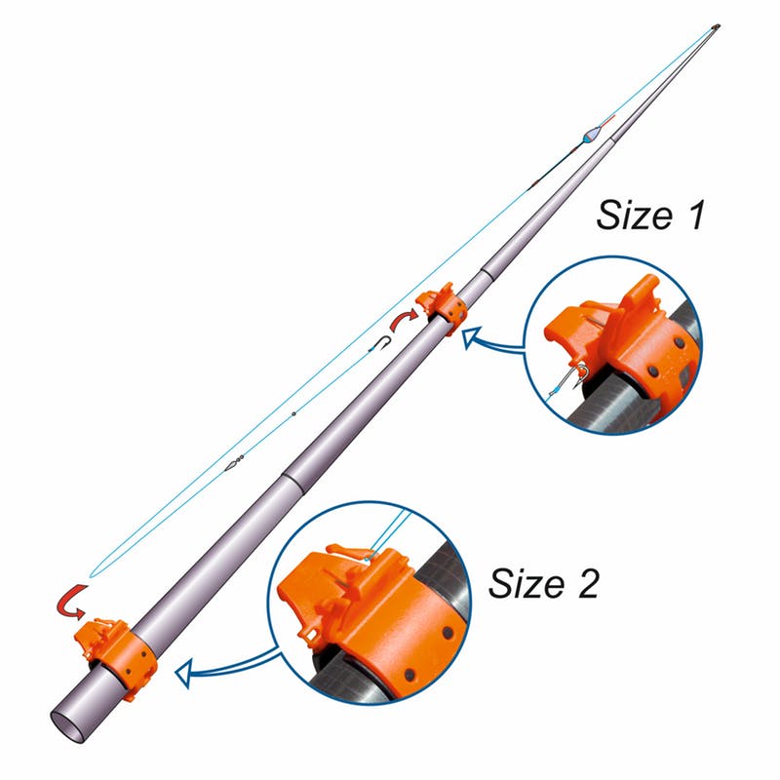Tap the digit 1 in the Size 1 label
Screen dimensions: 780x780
tap(695, 214)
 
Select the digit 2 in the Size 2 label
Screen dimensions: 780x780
tap(589, 582)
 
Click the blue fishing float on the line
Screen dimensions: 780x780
tap(590, 136)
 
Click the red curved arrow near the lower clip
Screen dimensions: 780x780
tap(70, 603)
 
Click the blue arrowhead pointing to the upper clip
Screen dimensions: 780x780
tap(470, 337)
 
